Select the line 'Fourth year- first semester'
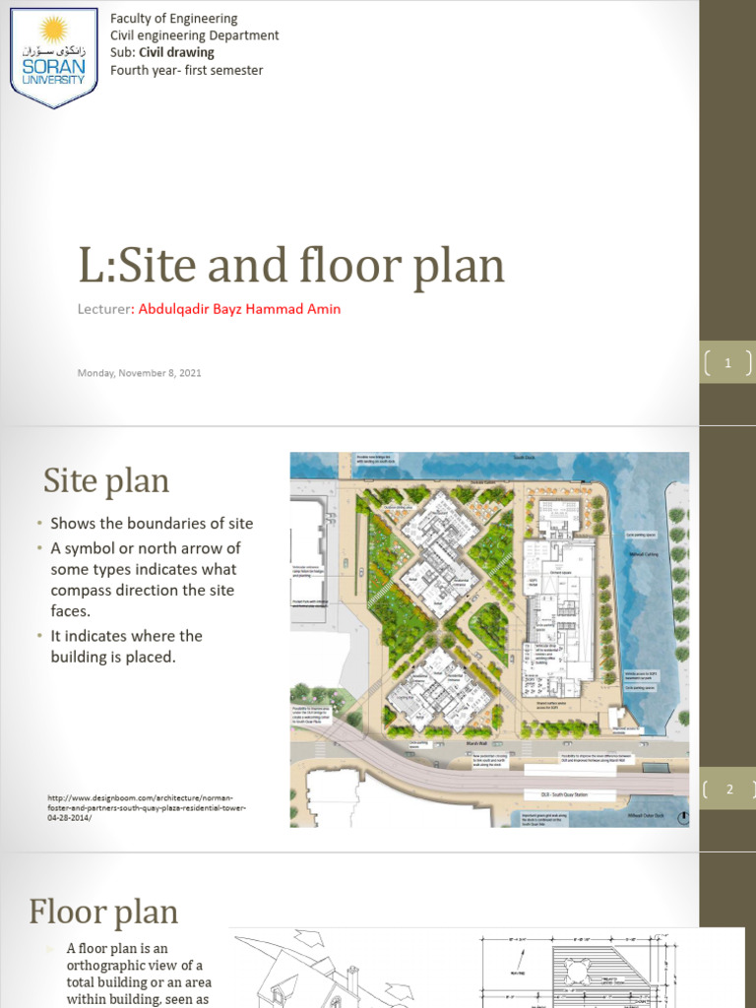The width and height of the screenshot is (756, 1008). tap(186, 71)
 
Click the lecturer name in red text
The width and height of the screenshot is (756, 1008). tap(240, 309)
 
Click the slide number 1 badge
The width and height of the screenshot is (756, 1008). tap(727, 363)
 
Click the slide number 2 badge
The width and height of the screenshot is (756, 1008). tap(729, 788)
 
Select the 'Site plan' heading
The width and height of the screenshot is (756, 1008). tap(106, 481)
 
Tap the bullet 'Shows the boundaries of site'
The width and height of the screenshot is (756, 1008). tap(153, 524)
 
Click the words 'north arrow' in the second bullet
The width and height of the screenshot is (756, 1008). tap(194, 548)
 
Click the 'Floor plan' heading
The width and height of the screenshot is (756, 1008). tap(103, 913)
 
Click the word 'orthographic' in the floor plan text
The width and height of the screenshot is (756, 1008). tap(108, 965)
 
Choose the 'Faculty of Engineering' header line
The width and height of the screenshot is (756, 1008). tap(173, 19)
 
